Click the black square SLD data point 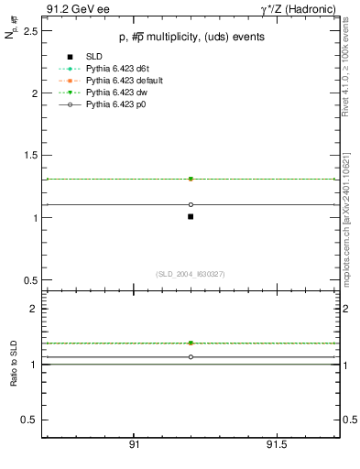click(191, 216)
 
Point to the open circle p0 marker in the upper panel click(191, 204)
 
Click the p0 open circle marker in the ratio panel click(191, 356)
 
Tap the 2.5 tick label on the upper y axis click(30, 31)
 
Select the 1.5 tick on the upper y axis click(30, 156)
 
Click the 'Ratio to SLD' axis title click(15, 364)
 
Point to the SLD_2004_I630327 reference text click(190, 274)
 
